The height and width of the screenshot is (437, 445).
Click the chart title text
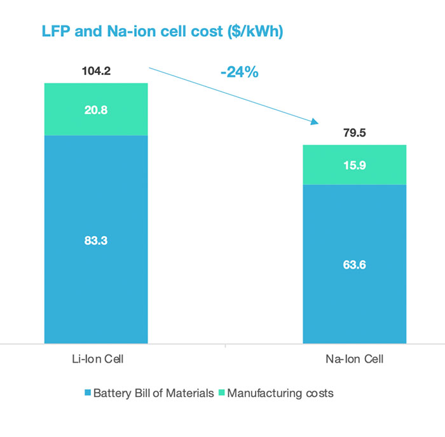point(161,31)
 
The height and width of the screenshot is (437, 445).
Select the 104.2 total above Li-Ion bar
point(96,71)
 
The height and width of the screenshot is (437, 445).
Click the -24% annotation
point(239,72)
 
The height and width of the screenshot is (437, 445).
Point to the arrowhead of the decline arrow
point(315,122)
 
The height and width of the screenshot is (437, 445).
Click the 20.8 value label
point(96,109)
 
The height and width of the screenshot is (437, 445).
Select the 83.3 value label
point(96,240)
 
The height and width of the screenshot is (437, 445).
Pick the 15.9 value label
point(354,165)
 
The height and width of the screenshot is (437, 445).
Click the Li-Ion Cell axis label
point(96,360)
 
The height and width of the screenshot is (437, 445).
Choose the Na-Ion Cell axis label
point(354,360)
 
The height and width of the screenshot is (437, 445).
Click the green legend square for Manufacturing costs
point(222,393)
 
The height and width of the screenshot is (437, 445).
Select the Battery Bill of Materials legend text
point(153,393)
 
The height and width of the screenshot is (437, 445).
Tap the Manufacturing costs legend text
point(280,393)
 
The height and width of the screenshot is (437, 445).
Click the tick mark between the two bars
point(226,346)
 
